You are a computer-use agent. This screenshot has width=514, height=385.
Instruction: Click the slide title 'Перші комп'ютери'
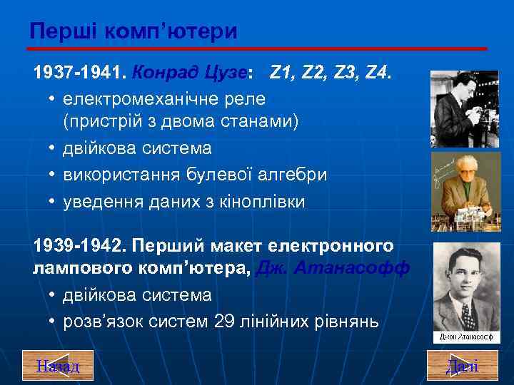click(x=134, y=31)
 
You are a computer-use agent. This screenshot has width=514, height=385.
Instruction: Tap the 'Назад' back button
click(x=58, y=366)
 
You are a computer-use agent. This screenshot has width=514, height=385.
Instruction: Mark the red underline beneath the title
click(x=257, y=48)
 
